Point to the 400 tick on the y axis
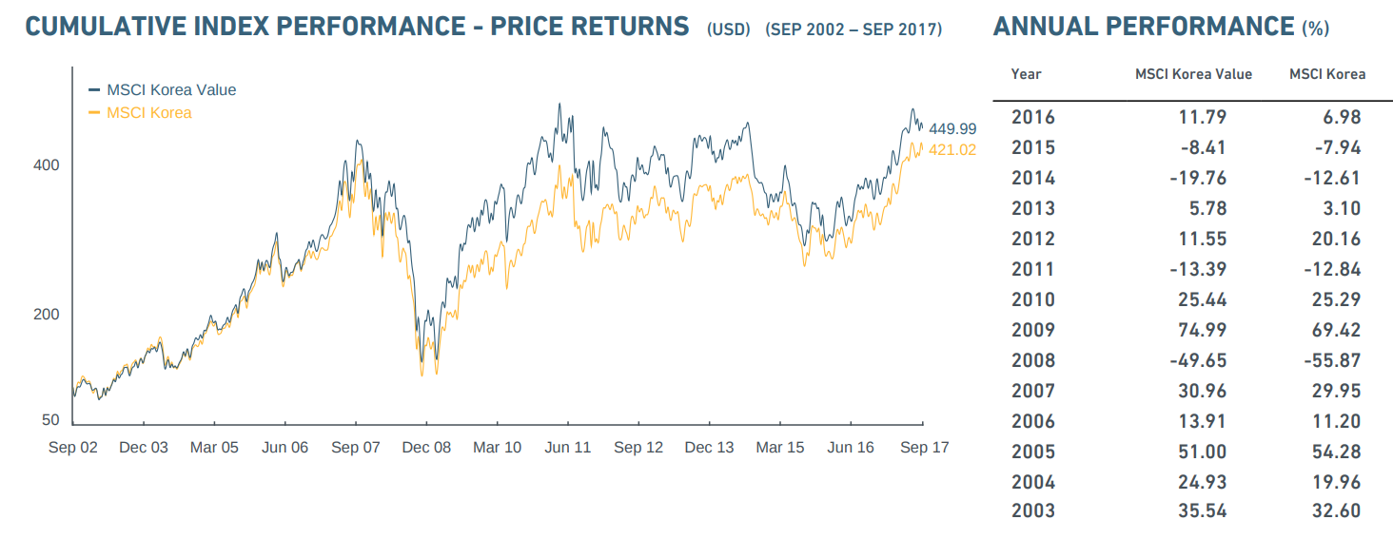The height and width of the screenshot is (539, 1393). [47, 165]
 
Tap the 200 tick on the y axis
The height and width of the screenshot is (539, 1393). [47, 315]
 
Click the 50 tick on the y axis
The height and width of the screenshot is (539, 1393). [50, 420]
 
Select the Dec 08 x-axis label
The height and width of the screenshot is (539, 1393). [426, 448]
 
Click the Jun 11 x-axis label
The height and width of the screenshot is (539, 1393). [568, 448]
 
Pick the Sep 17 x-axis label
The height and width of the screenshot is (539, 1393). [925, 448]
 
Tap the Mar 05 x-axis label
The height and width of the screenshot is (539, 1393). [214, 448]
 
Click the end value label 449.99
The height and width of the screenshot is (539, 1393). [952, 128]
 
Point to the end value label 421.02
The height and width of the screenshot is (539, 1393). [952, 149]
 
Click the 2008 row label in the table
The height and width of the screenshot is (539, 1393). [1032, 360]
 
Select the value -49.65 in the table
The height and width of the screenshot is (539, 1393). [1198, 360]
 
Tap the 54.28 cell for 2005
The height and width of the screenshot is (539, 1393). [1337, 452]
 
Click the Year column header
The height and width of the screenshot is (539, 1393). [1026, 74]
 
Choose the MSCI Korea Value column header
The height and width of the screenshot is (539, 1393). [1193, 74]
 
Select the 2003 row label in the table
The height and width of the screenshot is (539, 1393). [1032, 510]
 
